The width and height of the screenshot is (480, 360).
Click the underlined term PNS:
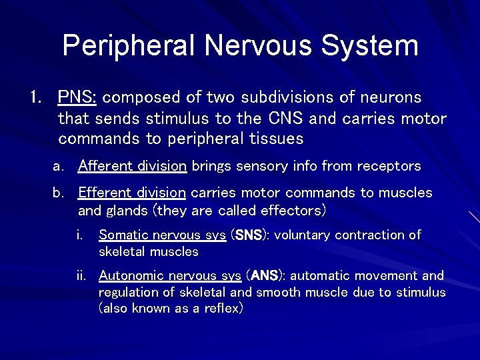point(77,97)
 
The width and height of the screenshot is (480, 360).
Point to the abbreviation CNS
point(287,119)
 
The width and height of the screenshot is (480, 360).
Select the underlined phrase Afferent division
point(132,166)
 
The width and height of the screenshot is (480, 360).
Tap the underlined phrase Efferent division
point(131,193)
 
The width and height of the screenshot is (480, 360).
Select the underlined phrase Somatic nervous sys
point(162,235)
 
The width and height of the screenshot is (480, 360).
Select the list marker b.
point(58,193)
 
